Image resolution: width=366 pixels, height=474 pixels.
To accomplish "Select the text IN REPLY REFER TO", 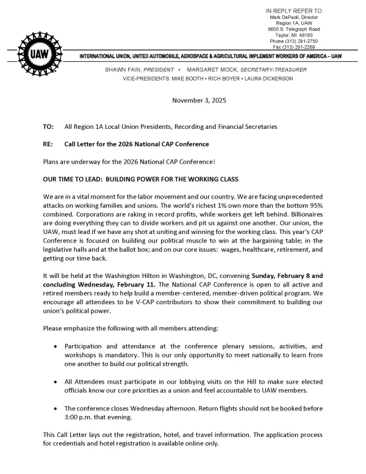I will [x=294, y=11].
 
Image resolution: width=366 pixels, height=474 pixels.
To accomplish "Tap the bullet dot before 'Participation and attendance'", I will [x=56, y=346].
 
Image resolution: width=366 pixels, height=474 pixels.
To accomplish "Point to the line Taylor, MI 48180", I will [x=294, y=35].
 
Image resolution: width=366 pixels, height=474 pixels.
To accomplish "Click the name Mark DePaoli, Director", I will [x=294, y=17].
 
